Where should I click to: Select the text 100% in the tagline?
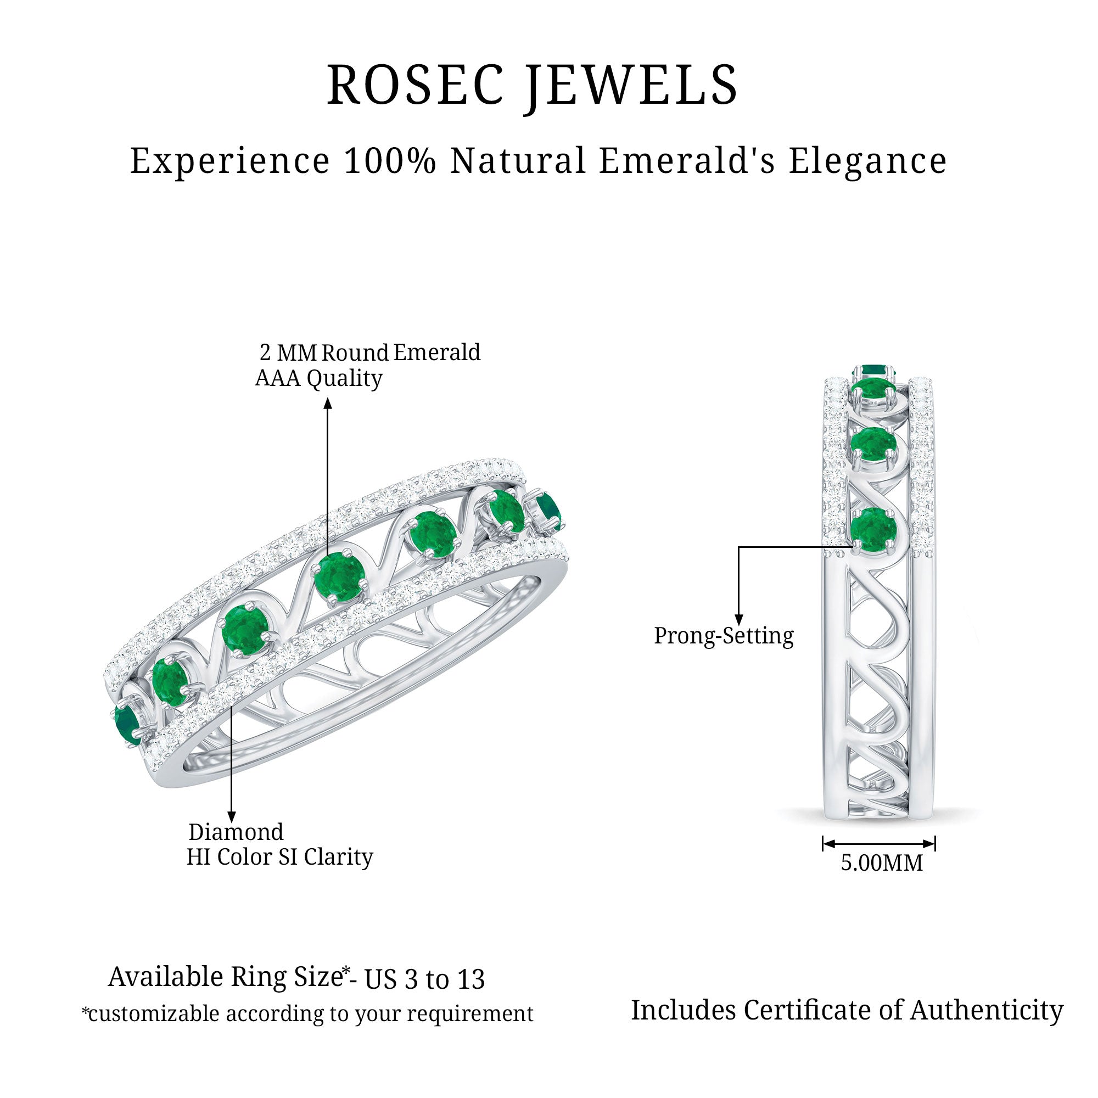click(x=389, y=160)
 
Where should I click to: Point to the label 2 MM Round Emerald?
click(x=369, y=352)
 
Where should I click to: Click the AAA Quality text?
click(x=318, y=378)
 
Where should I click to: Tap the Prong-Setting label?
click(x=724, y=635)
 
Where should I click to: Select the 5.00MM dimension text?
click(x=882, y=862)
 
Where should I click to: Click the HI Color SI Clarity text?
click(x=279, y=857)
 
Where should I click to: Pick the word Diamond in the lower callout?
click(x=236, y=832)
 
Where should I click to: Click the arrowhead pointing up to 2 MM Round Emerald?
click(x=328, y=404)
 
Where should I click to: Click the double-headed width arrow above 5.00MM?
click(x=878, y=843)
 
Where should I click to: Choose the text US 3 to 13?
click(x=424, y=979)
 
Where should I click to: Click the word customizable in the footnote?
click(x=154, y=1014)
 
